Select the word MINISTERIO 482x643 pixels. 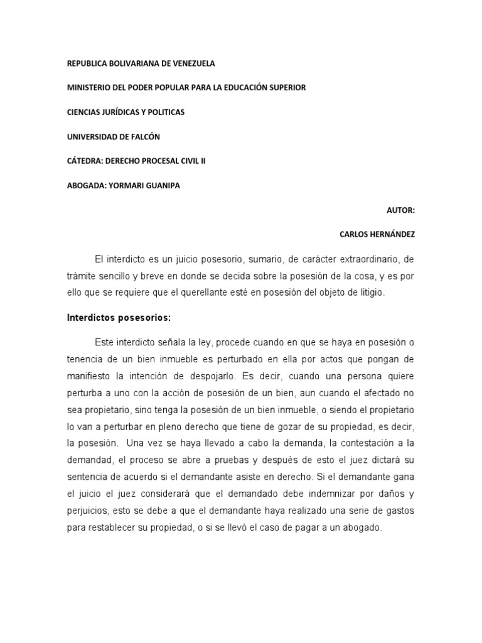tap(88, 88)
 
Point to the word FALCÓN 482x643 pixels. tap(152, 136)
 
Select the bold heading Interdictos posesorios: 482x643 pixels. tap(119, 318)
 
